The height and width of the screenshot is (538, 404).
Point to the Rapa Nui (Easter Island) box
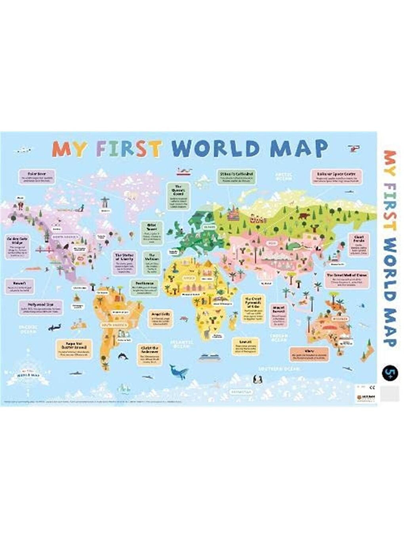74,349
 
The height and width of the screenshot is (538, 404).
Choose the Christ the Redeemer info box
150,353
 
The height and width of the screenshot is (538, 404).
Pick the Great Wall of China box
347,279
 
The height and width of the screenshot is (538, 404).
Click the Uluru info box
309,354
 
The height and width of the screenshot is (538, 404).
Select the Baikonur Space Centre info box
336,176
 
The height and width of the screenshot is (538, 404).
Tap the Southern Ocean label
279,369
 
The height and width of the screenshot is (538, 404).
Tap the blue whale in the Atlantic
178,371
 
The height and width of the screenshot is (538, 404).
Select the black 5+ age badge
390,373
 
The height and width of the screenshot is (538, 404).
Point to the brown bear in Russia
304,216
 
